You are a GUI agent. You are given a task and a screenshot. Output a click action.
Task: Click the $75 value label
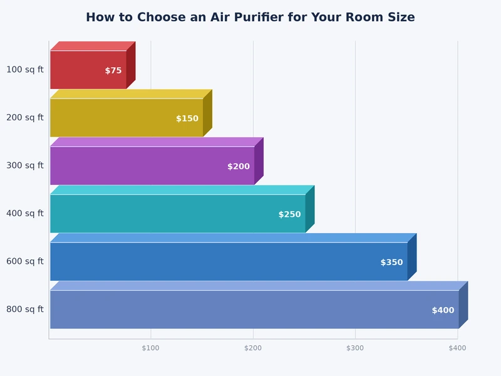(113, 71)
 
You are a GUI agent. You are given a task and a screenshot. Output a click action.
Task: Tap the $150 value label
(187, 118)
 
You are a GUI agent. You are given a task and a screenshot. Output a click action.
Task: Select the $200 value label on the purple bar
(239, 167)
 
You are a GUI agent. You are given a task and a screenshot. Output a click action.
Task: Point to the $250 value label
(289, 214)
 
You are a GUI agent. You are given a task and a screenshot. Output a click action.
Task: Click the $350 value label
(391, 263)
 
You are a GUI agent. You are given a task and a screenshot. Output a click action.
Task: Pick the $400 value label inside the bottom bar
(443, 310)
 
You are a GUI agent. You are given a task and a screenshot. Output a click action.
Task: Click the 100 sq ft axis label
(25, 70)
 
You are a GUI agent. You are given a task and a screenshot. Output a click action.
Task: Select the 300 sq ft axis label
(25, 165)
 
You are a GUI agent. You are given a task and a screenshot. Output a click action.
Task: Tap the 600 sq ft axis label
(25, 261)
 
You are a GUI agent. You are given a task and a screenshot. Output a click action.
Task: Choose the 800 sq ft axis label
(25, 310)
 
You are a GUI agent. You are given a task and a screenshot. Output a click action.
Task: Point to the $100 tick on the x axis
(151, 348)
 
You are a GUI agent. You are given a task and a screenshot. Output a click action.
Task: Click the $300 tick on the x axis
(355, 348)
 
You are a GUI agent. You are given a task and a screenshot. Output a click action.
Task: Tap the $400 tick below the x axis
(457, 348)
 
